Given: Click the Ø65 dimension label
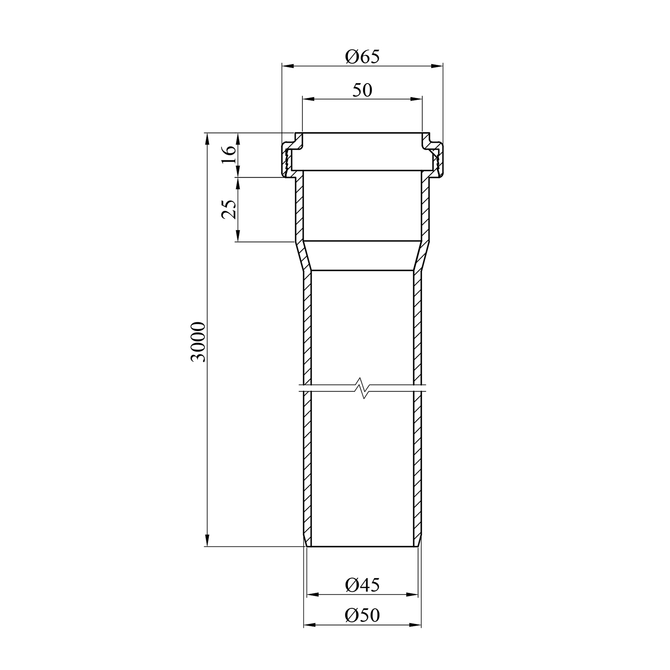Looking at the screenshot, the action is tap(362, 57).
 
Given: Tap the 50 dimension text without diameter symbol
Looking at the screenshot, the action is tap(362, 90).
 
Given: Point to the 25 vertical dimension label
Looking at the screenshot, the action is tap(228, 209).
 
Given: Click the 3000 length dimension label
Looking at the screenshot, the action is tap(197, 341).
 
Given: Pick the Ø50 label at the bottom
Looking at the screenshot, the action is tap(362, 616).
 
